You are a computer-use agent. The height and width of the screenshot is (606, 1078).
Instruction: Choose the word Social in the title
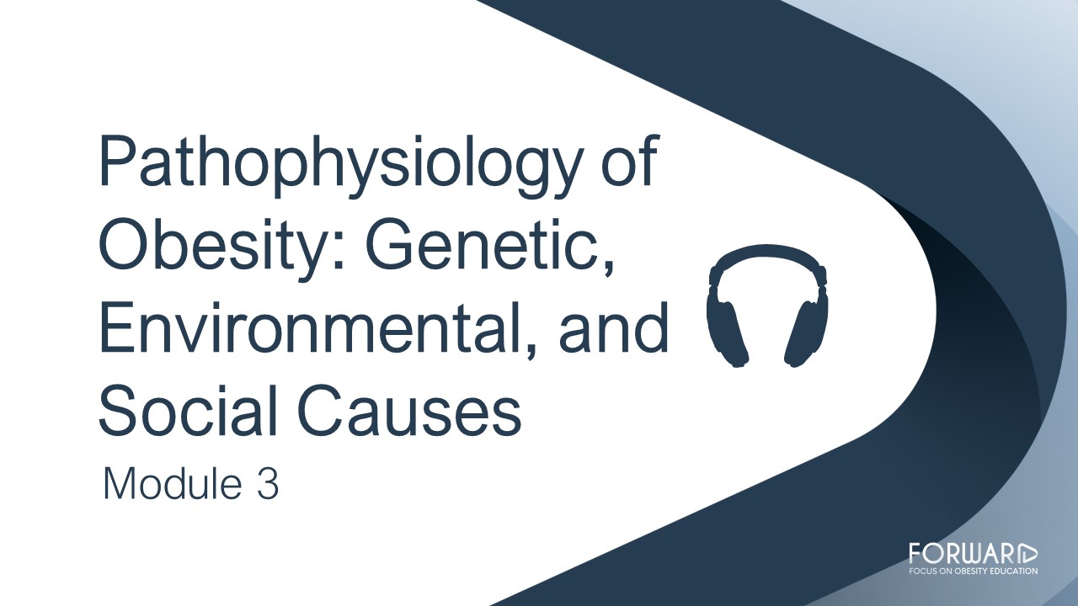click(188, 409)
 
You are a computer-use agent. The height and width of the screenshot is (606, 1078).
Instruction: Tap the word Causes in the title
click(410, 410)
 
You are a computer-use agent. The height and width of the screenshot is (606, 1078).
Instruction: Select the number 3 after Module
click(268, 484)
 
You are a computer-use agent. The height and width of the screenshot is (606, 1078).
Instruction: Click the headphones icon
click(767, 306)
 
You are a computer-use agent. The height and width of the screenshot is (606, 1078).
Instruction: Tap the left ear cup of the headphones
click(727, 332)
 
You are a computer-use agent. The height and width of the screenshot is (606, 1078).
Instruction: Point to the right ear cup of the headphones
click(807, 332)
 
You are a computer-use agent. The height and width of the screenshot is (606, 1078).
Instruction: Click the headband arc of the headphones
click(767, 251)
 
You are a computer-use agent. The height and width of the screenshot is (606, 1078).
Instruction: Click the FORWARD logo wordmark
click(973, 554)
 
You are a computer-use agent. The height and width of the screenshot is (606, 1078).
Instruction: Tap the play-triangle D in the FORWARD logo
click(1028, 554)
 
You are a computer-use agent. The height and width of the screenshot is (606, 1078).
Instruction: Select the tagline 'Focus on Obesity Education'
click(973, 571)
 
